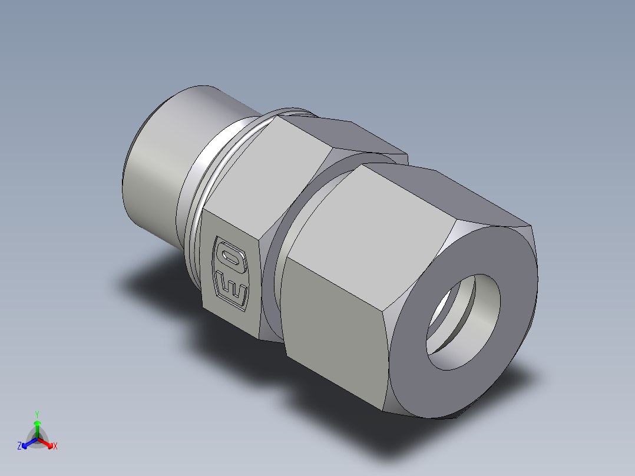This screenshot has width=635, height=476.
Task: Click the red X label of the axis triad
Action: pos(55,447)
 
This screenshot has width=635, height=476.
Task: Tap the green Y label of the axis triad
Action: pos(37,414)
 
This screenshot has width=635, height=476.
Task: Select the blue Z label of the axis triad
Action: pos(19,446)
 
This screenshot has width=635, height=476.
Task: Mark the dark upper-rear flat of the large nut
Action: pos(483,194)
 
